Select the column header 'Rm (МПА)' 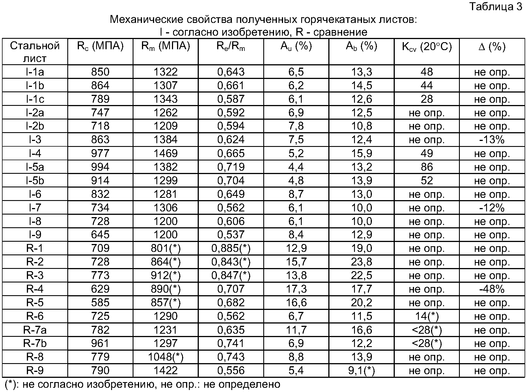coord(165,46)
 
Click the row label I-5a coord(35,167)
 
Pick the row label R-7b coord(35,343)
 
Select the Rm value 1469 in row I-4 coord(165,153)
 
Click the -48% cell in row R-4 coord(492,289)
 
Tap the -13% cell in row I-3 coord(492,140)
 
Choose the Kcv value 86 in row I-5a coord(427,167)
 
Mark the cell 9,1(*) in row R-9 coord(361,370)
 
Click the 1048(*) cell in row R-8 coord(166,357)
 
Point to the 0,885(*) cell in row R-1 coord(231,249)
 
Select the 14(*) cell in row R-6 coord(427,316)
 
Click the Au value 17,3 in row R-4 coord(296,289)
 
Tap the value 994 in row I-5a coord(100,167)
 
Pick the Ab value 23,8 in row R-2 coord(361,262)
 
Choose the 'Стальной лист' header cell coord(35,52)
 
